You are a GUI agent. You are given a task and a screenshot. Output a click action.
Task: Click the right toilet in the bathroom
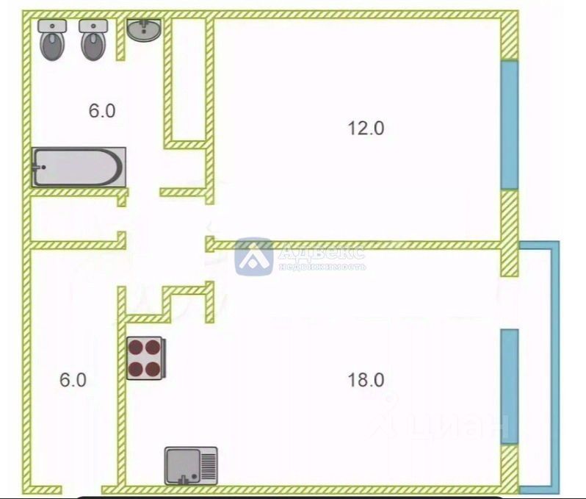pyautogui.click(x=94, y=40)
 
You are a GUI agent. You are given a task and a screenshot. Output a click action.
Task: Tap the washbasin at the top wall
pyautogui.click(x=145, y=30)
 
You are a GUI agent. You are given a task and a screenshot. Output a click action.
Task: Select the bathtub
pyautogui.click(x=78, y=167)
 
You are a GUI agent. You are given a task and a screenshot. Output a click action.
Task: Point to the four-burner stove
pyautogui.click(x=146, y=358)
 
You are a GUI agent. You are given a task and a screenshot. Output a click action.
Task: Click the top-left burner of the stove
pyautogui.click(x=137, y=347)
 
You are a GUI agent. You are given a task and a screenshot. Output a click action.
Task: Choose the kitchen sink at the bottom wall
pyautogui.click(x=191, y=465)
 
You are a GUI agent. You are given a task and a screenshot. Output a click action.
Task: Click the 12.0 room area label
pyautogui.click(x=366, y=128)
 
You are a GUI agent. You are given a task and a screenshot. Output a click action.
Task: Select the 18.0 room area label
pyautogui.click(x=366, y=380)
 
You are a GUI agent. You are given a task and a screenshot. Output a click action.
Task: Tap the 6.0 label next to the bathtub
pyautogui.click(x=102, y=111)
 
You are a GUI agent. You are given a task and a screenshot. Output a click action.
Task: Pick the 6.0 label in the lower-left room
pyautogui.click(x=73, y=380)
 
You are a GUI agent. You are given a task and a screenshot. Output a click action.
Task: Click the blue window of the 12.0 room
pyautogui.click(x=509, y=125)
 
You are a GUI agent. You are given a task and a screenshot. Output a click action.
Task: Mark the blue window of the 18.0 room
pyautogui.click(x=509, y=386)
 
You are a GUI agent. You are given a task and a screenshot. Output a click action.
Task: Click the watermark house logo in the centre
pyautogui.click(x=253, y=256)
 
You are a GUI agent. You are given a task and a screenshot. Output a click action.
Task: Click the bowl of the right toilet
pyautogui.click(x=94, y=46)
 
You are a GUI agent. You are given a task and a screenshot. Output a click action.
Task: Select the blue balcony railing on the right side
pyautogui.click(x=554, y=367)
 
